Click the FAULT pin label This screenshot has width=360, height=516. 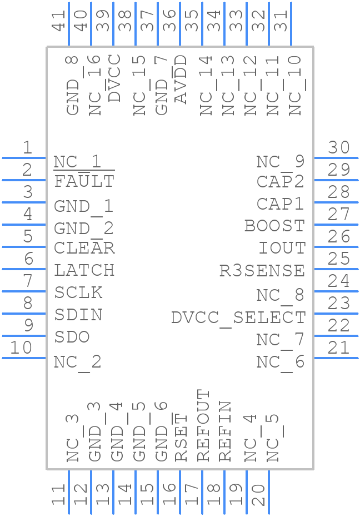(x=84, y=181)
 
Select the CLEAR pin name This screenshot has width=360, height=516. (x=84, y=248)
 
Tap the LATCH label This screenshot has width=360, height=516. (x=84, y=270)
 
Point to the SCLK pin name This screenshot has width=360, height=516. (x=78, y=292)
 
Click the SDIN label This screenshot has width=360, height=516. (x=78, y=315)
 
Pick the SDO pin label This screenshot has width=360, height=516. (x=72, y=337)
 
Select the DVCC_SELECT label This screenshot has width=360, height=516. (x=238, y=318)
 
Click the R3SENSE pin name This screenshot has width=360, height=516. (x=262, y=271)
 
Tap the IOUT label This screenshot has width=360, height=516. (x=282, y=248)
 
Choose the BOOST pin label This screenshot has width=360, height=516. (x=274, y=226)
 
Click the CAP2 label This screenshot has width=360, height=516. (x=281, y=181)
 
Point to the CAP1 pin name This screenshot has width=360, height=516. (x=281, y=204)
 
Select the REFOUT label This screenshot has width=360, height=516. (x=203, y=425)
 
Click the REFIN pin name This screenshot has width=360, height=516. (x=225, y=431)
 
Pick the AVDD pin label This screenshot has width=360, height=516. (x=181, y=79)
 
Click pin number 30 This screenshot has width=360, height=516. (x=339, y=147)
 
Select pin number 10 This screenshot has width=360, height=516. (x=21, y=348)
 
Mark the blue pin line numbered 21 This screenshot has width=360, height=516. (x=336, y=358)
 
